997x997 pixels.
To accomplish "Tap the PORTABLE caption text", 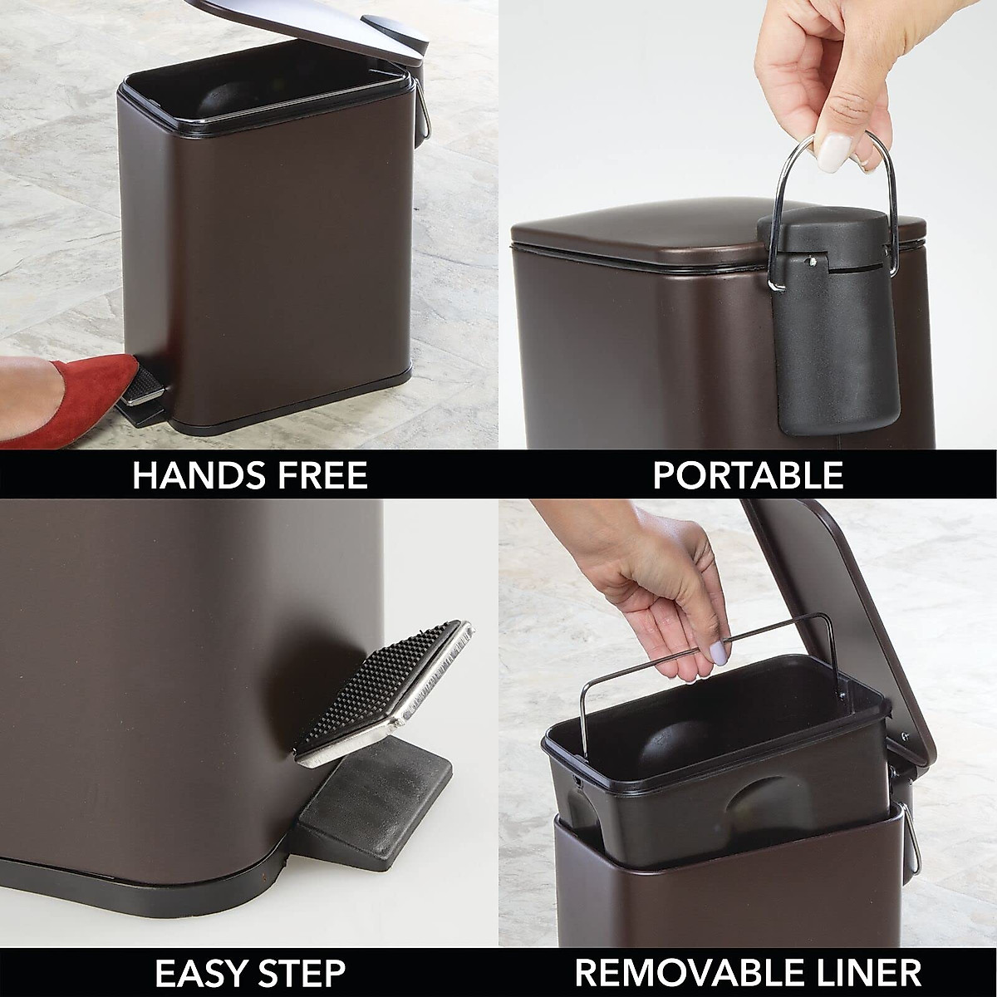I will pyautogui.click(x=748, y=476).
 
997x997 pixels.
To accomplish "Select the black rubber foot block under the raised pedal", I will pyautogui.click(x=374, y=789).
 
